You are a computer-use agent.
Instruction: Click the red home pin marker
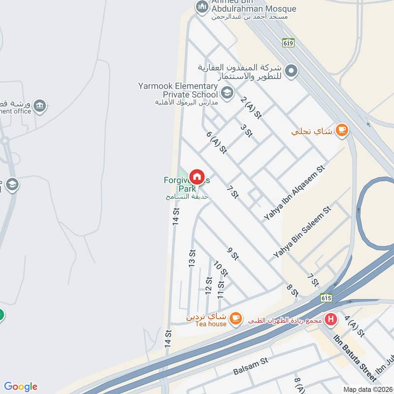tap(197, 177)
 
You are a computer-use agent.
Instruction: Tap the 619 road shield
tap(289, 42)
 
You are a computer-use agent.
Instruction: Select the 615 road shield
tap(326, 297)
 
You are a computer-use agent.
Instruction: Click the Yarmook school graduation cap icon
tap(227, 93)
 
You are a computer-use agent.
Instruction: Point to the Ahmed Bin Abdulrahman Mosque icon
tap(201, 7)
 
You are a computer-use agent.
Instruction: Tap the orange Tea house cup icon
tap(236, 318)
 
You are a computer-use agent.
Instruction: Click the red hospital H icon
tap(332, 319)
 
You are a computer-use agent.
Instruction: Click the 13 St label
tap(192, 259)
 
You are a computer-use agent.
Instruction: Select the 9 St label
tap(233, 253)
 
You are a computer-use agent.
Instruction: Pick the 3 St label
tap(246, 130)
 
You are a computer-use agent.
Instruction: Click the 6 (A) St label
tap(216, 142)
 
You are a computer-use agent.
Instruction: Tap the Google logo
tap(21, 387)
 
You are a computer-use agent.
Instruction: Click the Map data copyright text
tap(367, 389)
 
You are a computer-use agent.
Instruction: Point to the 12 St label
tap(208, 286)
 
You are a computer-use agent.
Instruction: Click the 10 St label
tap(221, 269)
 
